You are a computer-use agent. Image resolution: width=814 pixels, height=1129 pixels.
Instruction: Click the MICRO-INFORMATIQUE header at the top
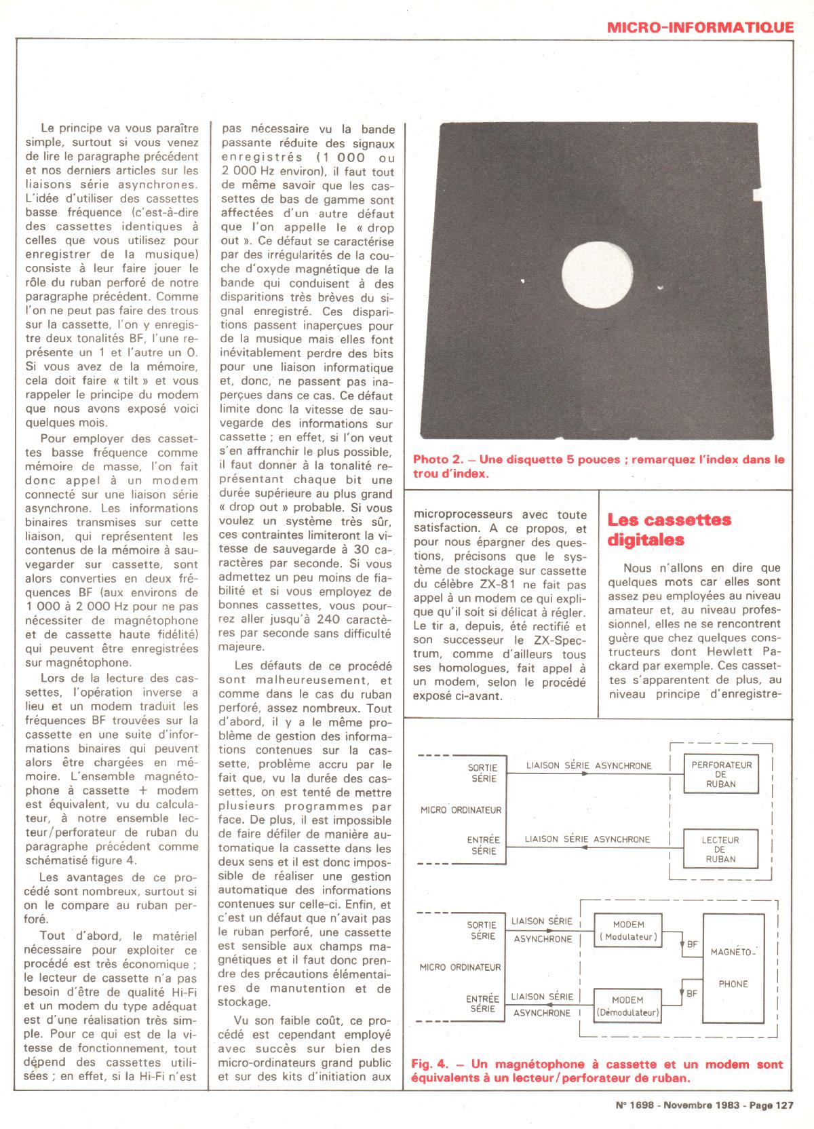pos(699,27)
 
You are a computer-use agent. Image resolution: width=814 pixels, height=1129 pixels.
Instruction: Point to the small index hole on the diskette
pos(660,288)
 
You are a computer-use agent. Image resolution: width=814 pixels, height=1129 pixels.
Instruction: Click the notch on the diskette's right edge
pos(758,195)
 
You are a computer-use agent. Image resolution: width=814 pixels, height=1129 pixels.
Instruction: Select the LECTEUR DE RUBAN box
pos(720,849)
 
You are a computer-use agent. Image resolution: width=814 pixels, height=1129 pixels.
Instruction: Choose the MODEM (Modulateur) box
pos(628,931)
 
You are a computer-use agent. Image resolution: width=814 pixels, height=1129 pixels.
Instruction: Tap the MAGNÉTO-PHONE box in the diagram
pos(733,968)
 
